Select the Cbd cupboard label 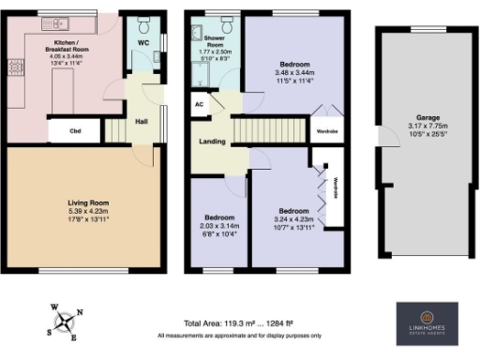pyautogui.click(x=73, y=131)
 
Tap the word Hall pyautogui.click(x=138, y=121)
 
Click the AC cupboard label pyautogui.click(x=200, y=106)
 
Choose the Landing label pyautogui.click(x=210, y=142)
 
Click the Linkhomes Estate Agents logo pyautogui.click(x=427, y=319)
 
